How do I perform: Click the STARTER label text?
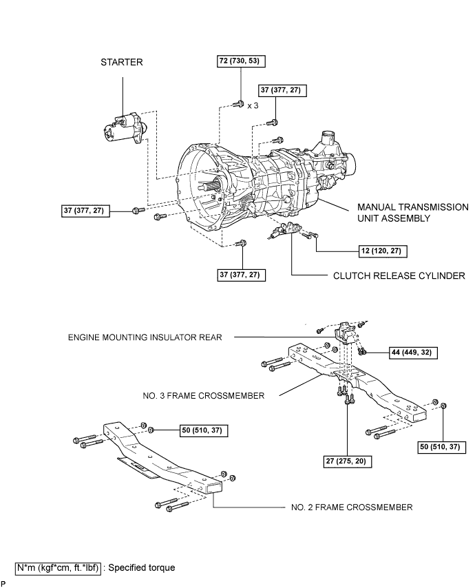121,62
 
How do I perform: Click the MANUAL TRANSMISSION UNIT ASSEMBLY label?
413,213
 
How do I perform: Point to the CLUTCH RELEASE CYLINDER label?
399,275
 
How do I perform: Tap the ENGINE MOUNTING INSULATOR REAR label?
145,337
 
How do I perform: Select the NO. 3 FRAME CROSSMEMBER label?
204,396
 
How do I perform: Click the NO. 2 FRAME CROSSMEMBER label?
352,507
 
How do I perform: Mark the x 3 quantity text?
253,106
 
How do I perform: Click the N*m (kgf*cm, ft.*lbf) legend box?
58,568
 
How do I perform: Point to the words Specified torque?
142,567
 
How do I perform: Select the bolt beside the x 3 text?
237,104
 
